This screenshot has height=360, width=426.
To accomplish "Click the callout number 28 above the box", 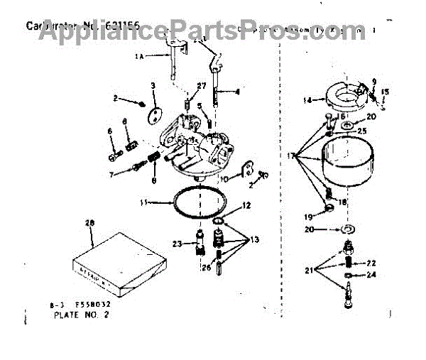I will pos(89,224).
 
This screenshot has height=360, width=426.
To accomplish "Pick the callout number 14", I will pos(307,101).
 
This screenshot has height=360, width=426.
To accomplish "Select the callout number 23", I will pos(178,244).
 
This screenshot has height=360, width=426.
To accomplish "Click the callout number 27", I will pos(201,86).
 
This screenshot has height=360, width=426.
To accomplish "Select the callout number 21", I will pos(309,271).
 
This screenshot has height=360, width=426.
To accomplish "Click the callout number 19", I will pos(308,217).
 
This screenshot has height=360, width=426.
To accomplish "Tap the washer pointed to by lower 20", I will pos(349,230).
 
